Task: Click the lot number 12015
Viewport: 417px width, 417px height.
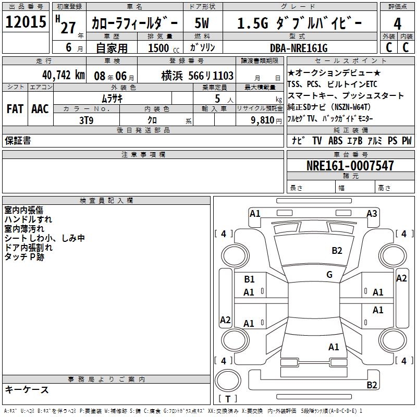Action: (26, 22)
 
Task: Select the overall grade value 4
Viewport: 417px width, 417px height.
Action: (397, 24)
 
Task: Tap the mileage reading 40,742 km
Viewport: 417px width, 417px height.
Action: (64, 75)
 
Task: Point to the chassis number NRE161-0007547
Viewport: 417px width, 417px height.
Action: (350, 166)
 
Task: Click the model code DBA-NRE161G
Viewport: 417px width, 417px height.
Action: (299, 48)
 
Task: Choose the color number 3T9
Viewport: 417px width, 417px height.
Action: (86, 120)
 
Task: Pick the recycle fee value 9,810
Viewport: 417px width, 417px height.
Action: (263, 120)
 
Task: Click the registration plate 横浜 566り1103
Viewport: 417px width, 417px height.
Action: (198, 76)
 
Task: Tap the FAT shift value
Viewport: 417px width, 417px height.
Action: (15, 109)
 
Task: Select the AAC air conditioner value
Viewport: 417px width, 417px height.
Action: (40, 109)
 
